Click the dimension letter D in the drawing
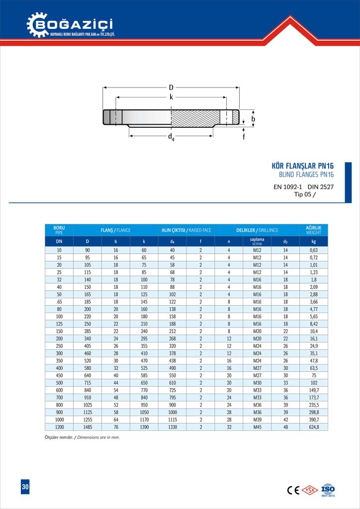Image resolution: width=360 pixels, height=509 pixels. point(171,87)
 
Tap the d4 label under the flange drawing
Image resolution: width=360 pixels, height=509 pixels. point(171,136)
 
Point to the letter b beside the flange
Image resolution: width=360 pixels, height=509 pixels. point(253,119)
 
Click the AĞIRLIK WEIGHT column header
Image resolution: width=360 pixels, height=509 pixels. point(313,230)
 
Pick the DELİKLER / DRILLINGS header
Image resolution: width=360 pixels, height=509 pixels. point(257,230)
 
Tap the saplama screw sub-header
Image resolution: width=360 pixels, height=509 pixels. point(257,242)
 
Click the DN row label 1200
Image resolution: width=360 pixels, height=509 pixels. point(59,427)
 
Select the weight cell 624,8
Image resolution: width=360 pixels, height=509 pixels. point(313,427)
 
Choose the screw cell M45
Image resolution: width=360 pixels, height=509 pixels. point(257,427)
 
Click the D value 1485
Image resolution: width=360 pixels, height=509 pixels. point(88,427)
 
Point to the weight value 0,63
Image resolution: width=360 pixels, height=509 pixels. point(313,250)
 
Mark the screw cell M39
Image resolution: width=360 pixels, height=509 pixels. point(257,420)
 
